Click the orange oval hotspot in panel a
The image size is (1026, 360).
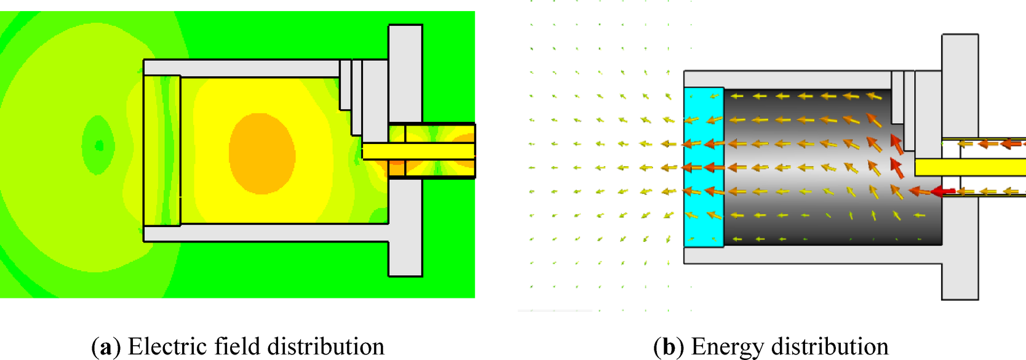262,153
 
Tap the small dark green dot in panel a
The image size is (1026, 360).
100,146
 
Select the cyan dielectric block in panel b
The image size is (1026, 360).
703,167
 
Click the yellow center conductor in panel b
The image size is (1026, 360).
969,167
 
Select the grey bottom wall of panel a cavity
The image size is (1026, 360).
264,233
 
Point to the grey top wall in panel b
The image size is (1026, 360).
787,79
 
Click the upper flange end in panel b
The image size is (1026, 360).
960,52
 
